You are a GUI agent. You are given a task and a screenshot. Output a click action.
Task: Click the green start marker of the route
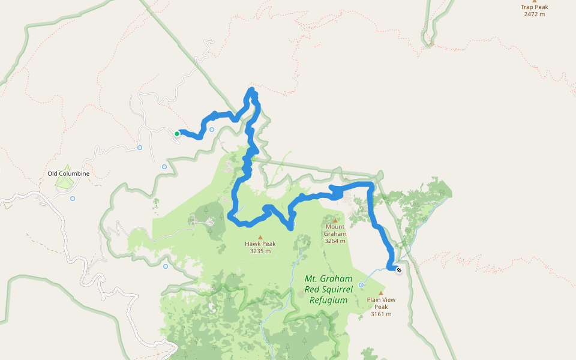[x=177, y=134]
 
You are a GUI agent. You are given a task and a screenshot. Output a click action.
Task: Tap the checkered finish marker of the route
[x=399, y=269]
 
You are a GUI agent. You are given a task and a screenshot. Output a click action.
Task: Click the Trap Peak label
[x=534, y=7]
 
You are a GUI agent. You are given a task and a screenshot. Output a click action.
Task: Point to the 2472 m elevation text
[x=534, y=14]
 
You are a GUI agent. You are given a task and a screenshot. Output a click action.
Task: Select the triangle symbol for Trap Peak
[x=535, y=1]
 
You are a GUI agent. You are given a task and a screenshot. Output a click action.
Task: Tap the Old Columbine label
[x=68, y=174]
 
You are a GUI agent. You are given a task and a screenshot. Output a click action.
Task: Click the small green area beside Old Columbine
[x=64, y=181]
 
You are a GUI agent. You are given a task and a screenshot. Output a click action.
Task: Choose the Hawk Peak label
[x=260, y=244]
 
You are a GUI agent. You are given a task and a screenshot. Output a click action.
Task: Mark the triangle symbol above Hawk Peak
[x=260, y=237]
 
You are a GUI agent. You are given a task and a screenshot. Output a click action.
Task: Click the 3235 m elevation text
[x=260, y=251]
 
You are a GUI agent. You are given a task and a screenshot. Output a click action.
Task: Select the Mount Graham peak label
[x=335, y=230]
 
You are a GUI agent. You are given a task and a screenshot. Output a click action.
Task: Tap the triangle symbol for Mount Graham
[x=335, y=220]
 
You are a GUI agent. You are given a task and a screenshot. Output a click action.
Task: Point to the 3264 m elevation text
[x=335, y=241]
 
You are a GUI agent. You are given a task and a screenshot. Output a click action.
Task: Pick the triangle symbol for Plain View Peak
[x=380, y=293]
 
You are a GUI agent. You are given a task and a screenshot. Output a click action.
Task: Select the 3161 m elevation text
[x=381, y=314]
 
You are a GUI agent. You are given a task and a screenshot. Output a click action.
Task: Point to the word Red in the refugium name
[x=313, y=290]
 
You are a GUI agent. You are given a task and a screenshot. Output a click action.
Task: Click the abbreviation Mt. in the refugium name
[x=313, y=279]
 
